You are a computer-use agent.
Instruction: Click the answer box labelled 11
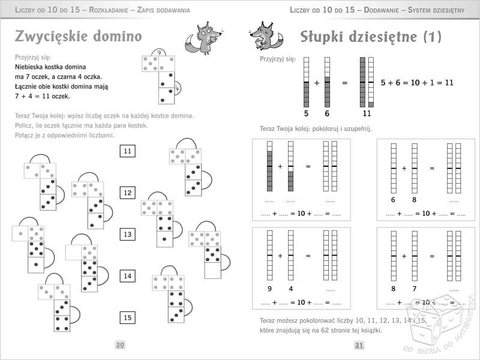[127, 151]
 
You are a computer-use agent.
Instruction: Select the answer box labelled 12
[127, 193]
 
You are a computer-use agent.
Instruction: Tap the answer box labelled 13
[127, 234]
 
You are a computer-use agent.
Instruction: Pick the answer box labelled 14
[127, 276]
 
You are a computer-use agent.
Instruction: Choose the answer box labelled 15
[127, 317]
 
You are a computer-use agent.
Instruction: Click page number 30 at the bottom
[120, 344]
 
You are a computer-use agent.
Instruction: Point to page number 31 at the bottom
[359, 344]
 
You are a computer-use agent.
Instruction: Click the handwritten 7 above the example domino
[158, 53]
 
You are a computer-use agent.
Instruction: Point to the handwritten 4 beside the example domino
[178, 88]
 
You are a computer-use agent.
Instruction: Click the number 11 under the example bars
[367, 113]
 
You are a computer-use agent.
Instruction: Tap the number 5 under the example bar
[306, 113]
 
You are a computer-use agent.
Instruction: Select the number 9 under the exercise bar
[269, 289]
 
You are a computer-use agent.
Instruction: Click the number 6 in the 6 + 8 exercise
[393, 200]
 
